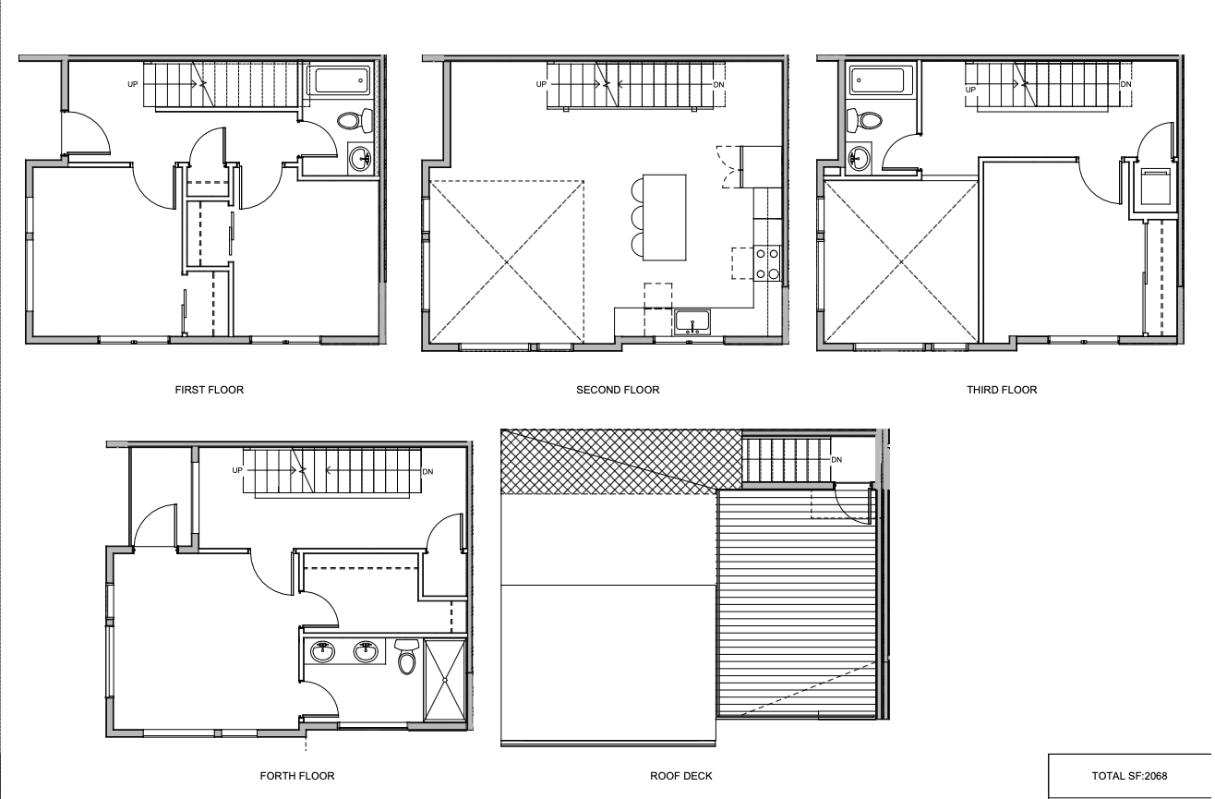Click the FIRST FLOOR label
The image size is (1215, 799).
209,390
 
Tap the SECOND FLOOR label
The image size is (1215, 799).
618,390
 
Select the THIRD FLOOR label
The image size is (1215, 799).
1002,390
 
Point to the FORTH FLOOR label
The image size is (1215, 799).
296,776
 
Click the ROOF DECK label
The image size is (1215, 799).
680,776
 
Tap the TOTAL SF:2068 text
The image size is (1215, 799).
1129,776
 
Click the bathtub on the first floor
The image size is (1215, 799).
339,81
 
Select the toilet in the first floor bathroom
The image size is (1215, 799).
355,120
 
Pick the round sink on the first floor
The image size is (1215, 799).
360,159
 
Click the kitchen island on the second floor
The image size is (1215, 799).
665,218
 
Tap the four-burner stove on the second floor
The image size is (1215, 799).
767,263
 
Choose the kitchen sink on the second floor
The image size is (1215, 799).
692,323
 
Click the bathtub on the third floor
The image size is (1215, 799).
882,81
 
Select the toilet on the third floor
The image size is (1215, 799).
864,120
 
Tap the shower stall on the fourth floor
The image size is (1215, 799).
445,680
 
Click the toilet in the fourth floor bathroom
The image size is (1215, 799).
406,656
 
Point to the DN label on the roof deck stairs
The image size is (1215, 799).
836,460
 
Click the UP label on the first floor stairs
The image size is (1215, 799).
132,84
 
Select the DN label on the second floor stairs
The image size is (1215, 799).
718,85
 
